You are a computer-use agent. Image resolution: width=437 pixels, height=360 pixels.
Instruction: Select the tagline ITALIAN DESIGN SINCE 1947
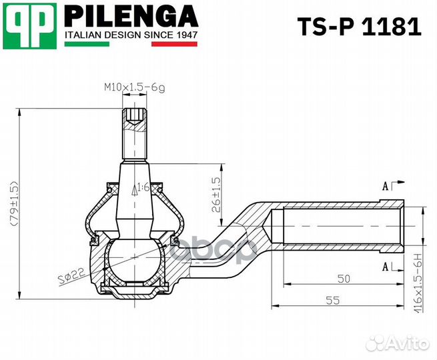131,34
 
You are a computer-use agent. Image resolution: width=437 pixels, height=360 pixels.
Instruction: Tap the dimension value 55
333,300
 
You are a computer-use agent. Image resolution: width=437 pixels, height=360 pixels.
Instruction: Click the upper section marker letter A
385,186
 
